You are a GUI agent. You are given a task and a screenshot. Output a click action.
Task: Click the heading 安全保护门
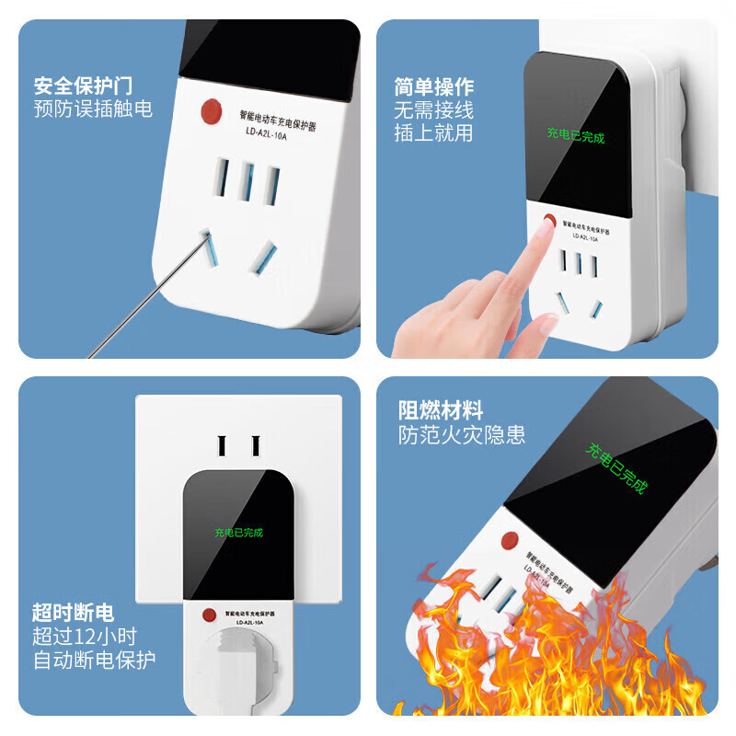83,86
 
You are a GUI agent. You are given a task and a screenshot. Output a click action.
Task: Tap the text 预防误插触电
93,109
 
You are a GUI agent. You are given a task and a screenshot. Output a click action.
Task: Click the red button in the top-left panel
211,112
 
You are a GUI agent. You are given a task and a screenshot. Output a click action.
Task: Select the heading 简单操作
434,86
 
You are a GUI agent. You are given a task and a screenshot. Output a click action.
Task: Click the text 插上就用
434,132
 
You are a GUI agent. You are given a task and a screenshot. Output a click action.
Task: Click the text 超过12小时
85,636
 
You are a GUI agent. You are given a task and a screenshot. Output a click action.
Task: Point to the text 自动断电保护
94,659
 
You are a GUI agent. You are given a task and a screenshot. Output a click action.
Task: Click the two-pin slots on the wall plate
238,444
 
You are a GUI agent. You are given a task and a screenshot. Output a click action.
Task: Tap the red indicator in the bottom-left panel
209,615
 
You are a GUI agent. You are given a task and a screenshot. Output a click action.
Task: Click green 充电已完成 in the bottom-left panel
238,532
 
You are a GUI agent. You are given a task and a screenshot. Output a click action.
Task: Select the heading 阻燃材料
440,410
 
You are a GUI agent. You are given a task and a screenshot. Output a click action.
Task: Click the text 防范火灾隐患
462,434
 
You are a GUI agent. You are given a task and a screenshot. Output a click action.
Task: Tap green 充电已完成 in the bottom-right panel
617,468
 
